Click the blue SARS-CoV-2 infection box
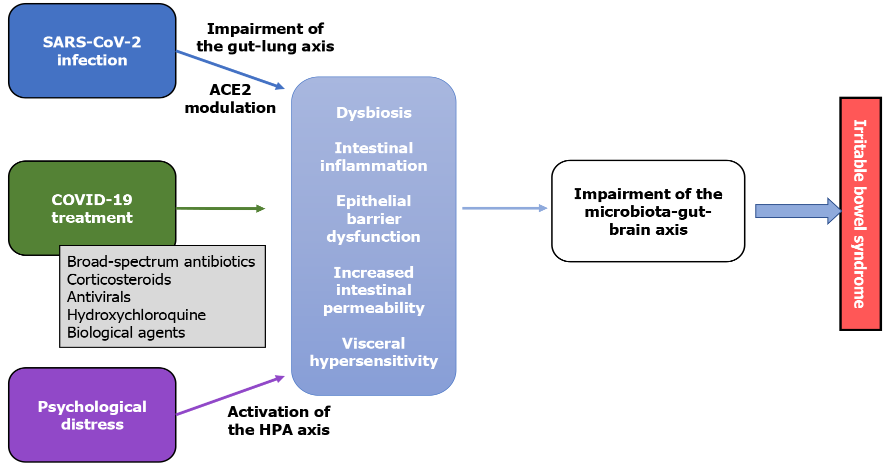(x=92, y=51)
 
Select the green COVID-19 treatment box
(x=92, y=208)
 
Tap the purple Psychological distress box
(x=92, y=415)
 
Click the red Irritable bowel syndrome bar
(x=860, y=214)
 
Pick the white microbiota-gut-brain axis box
(x=648, y=211)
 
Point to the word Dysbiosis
(x=374, y=113)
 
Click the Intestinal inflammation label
(x=374, y=157)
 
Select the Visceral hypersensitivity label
(x=374, y=352)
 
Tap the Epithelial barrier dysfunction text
(x=374, y=219)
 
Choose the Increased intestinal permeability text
(x=374, y=290)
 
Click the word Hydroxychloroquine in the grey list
(x=136, y=315)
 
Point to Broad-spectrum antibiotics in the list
(x=161, y=262)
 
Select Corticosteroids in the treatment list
(x=119, y=280)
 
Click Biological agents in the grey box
(x=126, y=333)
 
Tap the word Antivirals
(x=99, y=297)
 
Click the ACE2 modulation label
(x=230, y=99)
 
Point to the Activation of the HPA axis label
(x=279, y=421)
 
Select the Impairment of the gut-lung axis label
(x=265, y=37)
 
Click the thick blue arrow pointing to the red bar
(x=799, y=211)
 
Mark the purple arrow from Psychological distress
(x=230, y=395)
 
